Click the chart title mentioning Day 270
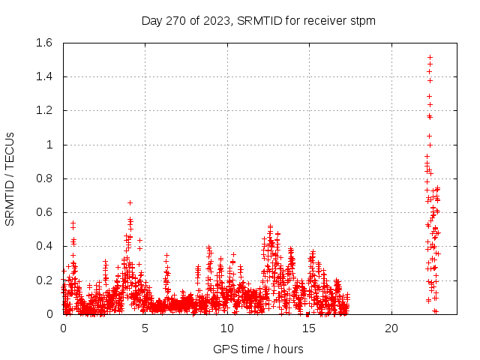(x=258, y=20)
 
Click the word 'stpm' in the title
(x=361, y=21)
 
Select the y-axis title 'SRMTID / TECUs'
(x=10, y=178)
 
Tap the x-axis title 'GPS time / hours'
(x=258, y=349)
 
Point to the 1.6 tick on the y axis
(x=43, y=43)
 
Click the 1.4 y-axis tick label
(x=43, y=76)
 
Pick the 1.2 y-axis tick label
(x=43, y=110)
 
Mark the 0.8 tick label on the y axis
(x=43, y=178)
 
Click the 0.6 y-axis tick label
(x=43, y=212)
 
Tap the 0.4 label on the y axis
(x=43, y=246)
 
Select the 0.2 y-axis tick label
(x=43, y=280)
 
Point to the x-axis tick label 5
(x=145, y=328)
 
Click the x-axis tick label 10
(x=227, y=328)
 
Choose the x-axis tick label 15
(x=309, y=328)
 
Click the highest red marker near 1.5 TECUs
(x=430, y=57)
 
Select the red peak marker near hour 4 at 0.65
(x=130, y=202)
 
